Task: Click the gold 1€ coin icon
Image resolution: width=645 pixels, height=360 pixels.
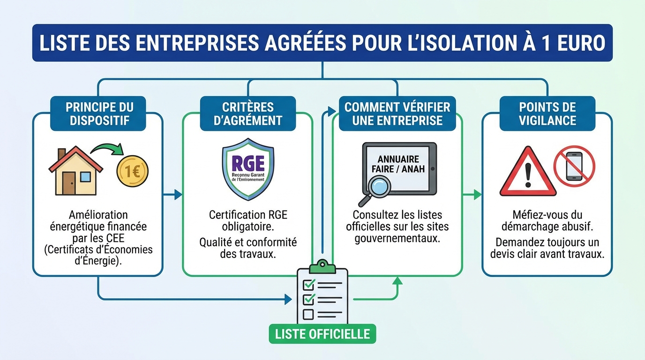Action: coord(132,171)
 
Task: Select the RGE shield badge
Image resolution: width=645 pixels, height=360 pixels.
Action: coord(248,169)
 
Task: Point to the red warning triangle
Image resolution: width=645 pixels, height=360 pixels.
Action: coord(528,172)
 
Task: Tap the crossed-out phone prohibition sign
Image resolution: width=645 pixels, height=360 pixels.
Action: coord(574,166)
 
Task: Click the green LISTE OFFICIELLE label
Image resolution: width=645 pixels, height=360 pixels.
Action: coord(322,334)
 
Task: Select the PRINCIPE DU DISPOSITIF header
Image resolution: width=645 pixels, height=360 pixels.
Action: coord(98,113)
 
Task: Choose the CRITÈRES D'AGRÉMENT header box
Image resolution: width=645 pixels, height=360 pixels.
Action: coord(248,113)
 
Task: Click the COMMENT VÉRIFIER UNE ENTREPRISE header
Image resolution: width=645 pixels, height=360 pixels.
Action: coord(397,113)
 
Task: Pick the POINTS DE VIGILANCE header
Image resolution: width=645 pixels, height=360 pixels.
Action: coord(547,113)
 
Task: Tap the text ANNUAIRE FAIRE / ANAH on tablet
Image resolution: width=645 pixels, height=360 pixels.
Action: coord(398,164)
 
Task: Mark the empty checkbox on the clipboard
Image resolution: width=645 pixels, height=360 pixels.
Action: coord(308,314)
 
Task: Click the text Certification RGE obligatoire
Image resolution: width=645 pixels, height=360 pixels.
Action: coord(248,221)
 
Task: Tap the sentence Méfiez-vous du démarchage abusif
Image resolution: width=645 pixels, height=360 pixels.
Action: coord(547,221)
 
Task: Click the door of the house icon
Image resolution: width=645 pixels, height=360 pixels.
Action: coord(69,183)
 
